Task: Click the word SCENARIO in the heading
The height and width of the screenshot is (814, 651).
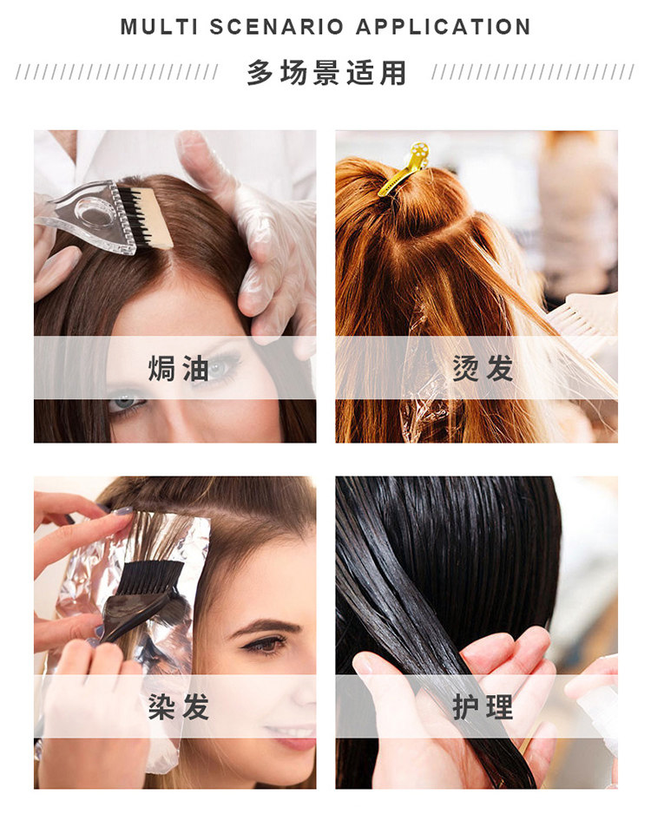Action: point(264,27)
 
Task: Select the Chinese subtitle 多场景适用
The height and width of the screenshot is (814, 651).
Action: point(325,73)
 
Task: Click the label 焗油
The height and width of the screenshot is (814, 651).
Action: point(178,368)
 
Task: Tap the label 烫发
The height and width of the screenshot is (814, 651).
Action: point(483,368)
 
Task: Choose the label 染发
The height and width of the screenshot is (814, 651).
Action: point(178,706)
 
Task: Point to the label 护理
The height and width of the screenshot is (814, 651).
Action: point(483,706)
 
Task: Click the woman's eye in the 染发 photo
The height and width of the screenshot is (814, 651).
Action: point(265,643)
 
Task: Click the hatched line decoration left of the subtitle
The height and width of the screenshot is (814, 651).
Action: point(117,73)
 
